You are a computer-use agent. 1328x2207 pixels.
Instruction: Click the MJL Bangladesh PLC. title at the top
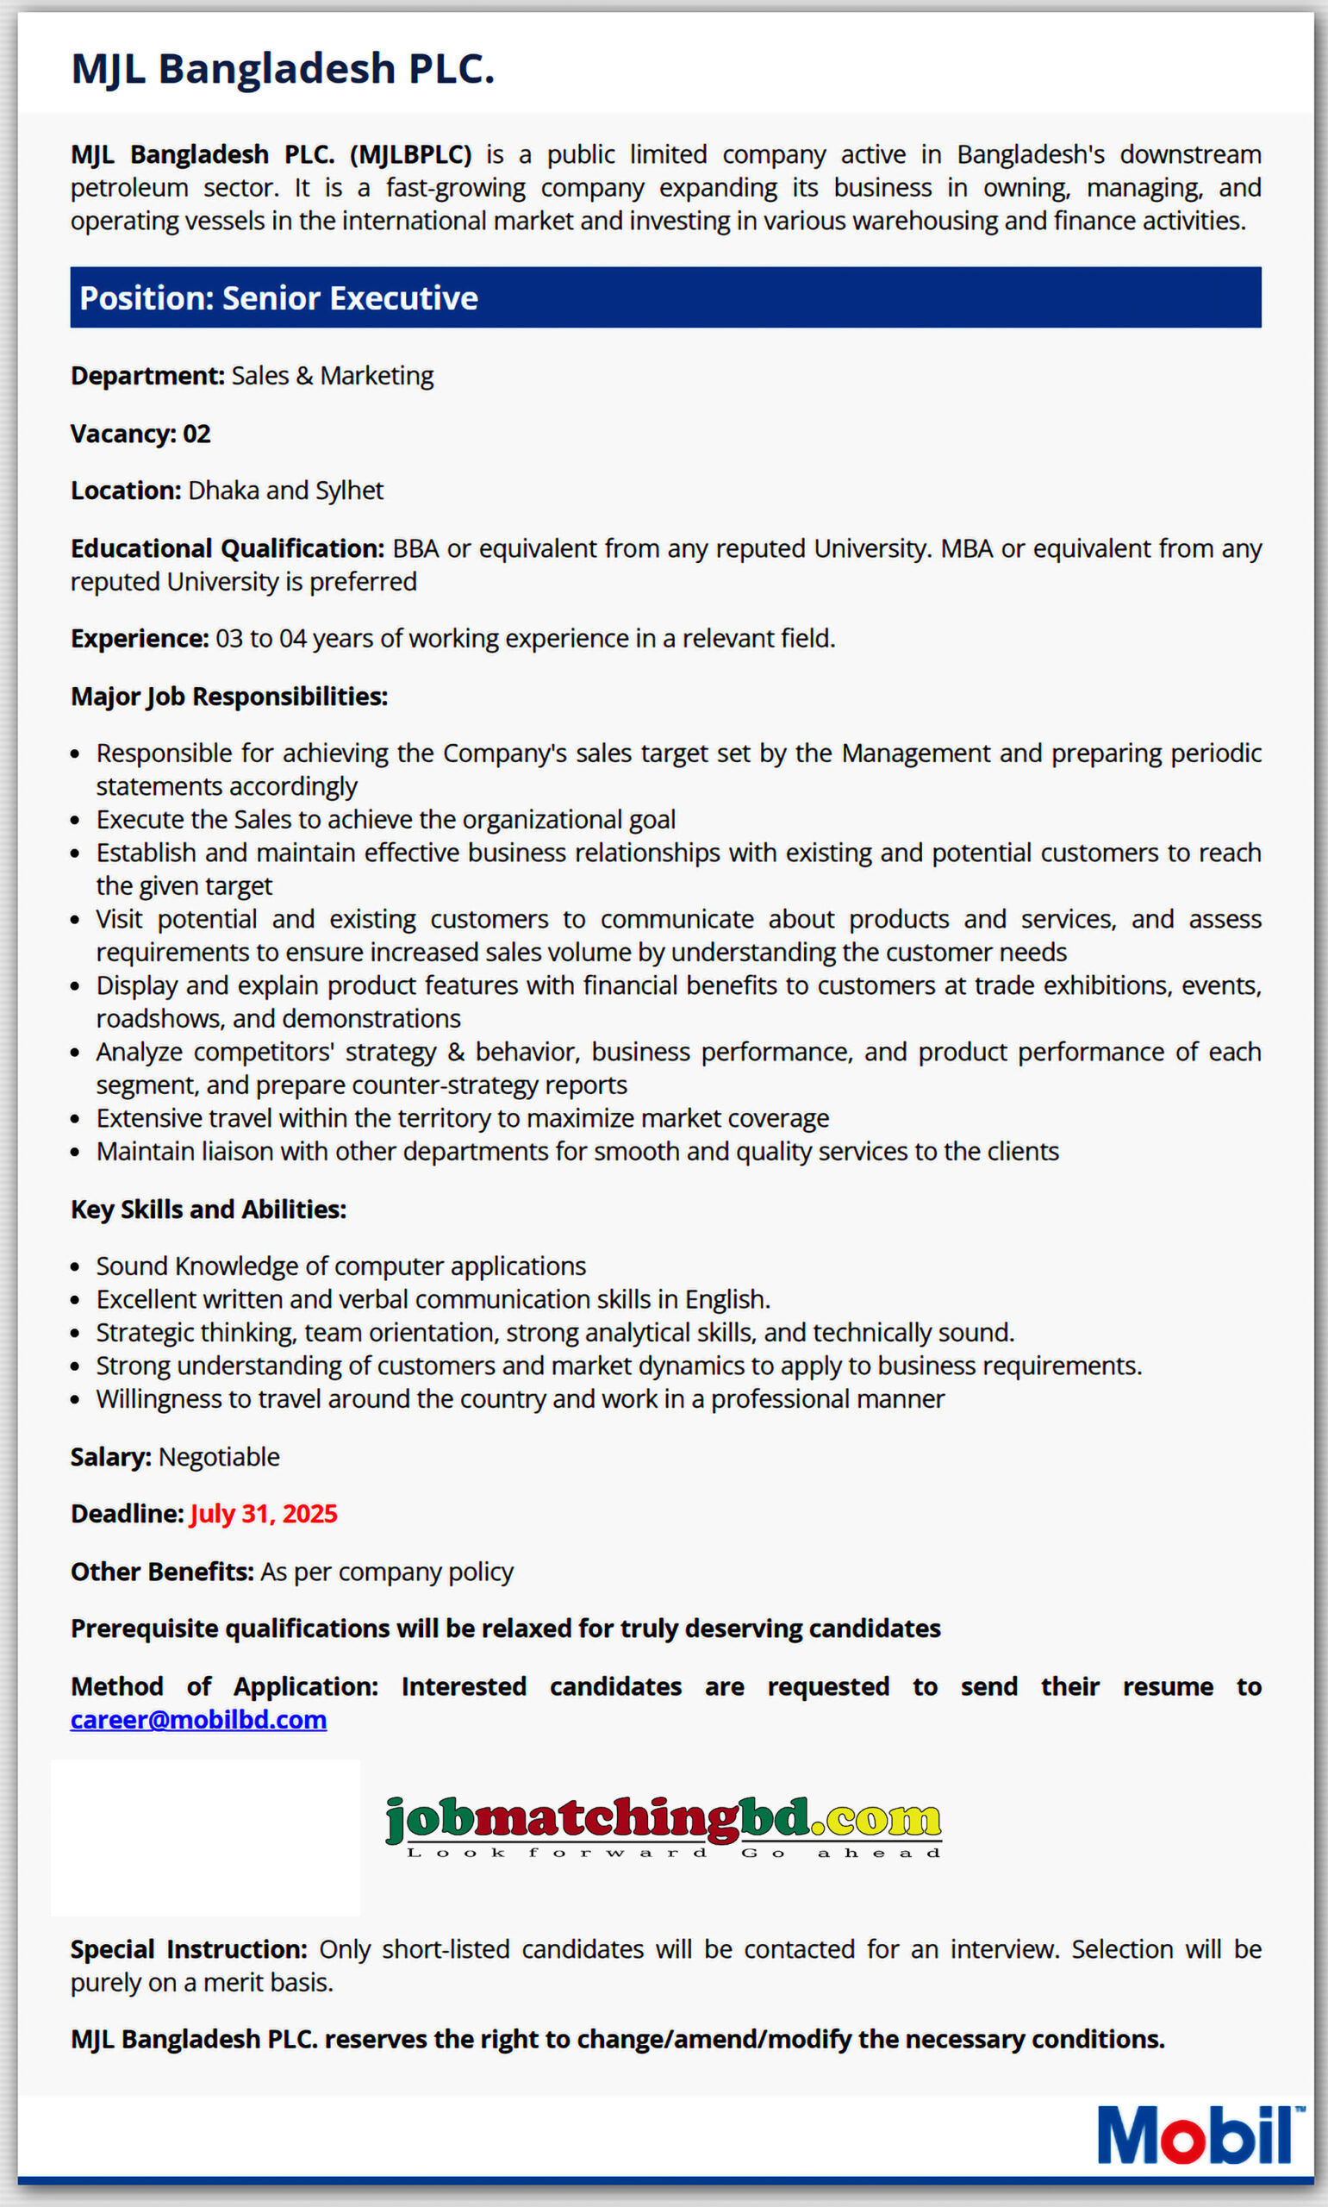pyautogui.click(x=282, y=69)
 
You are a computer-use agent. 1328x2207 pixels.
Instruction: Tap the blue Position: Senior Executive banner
pyautogui.click(x=665, y=297)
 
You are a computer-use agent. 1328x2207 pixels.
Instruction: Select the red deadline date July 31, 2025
pyautogui.click(x=263, y=1513)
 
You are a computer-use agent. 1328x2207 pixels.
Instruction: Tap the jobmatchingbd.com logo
pyautogui.click(x=663, y=1824)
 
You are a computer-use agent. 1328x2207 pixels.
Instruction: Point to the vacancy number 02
pyautogui.click(x=196, y=434)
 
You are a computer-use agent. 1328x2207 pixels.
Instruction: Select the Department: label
pyautogui.click(x=147, y=376)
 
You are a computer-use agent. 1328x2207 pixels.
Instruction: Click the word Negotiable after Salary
pyautogui.click(x=219, y=1457)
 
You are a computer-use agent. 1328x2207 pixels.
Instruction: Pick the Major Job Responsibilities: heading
pyautogui.click(x=229, y=697)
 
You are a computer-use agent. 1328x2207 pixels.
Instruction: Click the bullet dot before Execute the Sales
pyautogui.click(x=76, y=821)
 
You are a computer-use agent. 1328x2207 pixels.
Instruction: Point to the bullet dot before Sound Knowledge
pyautogui.click(x=76, y=1267)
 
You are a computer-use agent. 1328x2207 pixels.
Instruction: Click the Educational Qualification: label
pyautogui.click(x=228, y=548)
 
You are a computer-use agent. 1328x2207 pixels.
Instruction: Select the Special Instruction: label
pyautogui.click(x=189, y=1948)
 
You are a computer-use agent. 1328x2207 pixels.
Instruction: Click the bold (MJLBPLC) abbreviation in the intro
pyautogui.click(x=411, y=155)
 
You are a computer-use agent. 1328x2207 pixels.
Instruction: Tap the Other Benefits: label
pyautogui.click(x=162, y=1572)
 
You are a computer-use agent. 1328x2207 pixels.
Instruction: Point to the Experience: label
pyautogui.click(x=140, y=638)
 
